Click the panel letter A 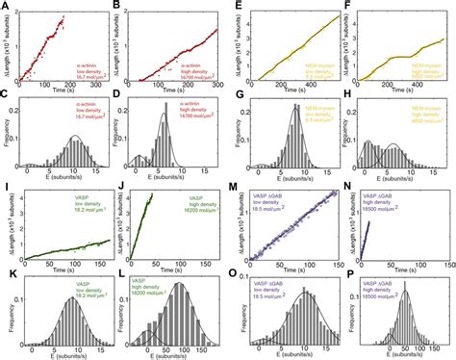click(x=6, y=6)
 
